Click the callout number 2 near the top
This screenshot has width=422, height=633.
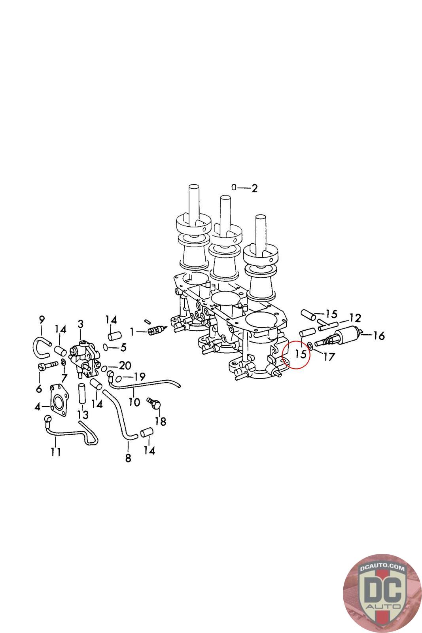coord(254,188)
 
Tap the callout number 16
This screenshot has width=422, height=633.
coord(379,336)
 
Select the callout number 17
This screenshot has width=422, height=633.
coord(329,357)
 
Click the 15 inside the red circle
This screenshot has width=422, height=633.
coord(301,354)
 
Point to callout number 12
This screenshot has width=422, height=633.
coord(355,318)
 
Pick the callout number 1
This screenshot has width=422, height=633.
coord(132,332)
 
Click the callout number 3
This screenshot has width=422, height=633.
coord(81,324)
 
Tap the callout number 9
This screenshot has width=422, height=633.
coord(42,320)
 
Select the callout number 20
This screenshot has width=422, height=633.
coord(125,366)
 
